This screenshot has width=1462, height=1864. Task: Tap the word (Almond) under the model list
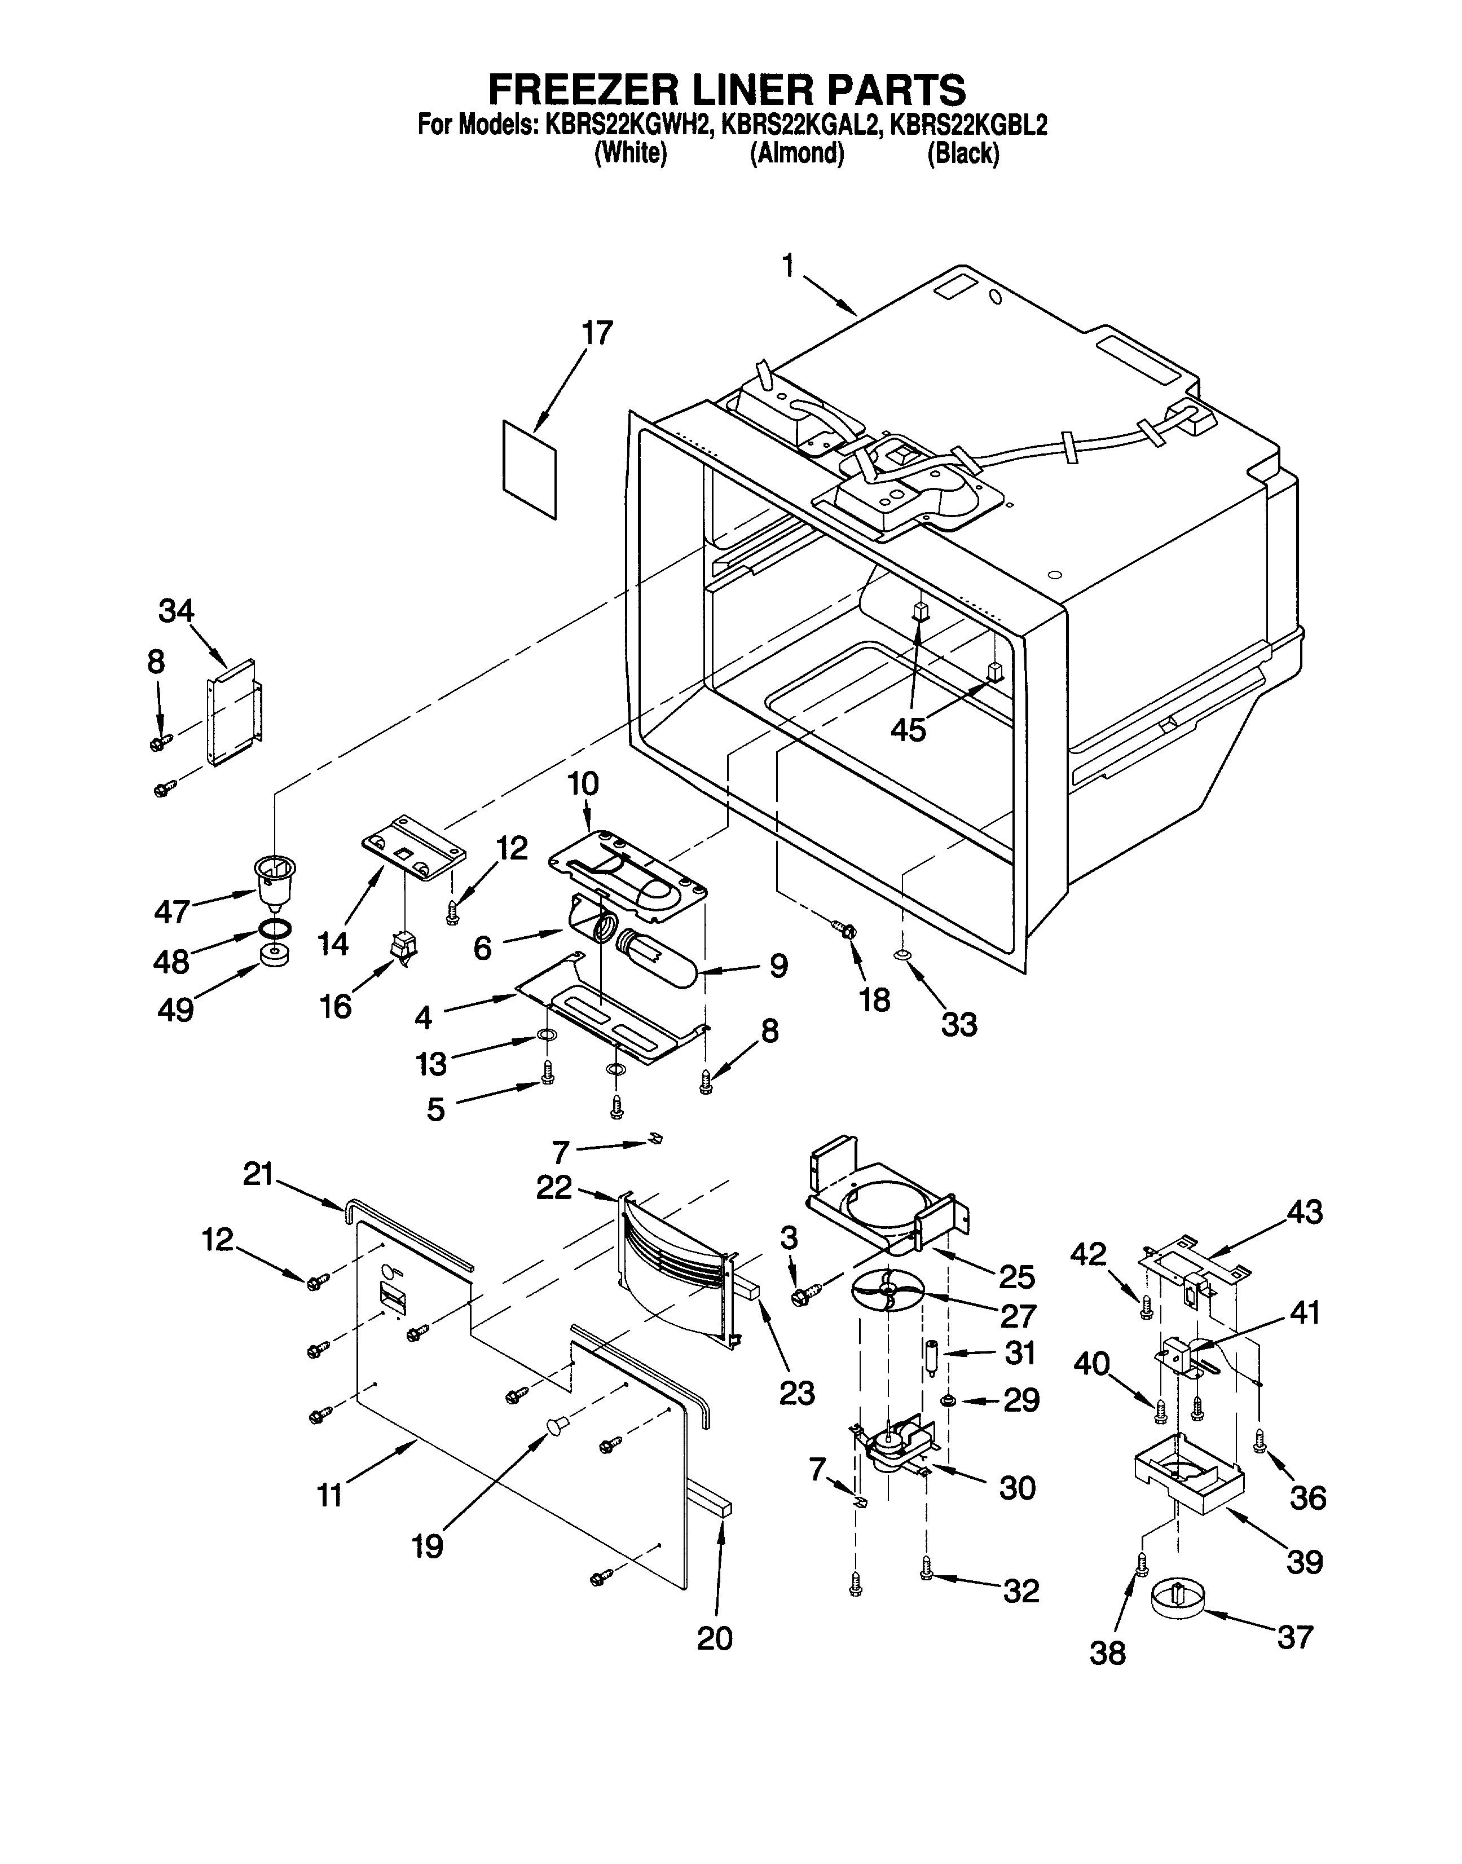click(x=797, y=154)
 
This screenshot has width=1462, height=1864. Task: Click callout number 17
click(x=597, y=334)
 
